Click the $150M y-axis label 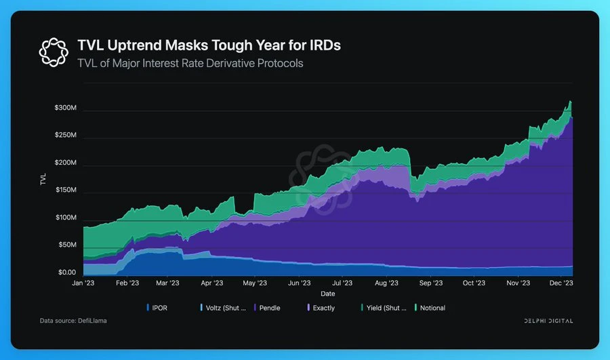click(x=65, y=191)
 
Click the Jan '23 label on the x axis click(x=83, y=283)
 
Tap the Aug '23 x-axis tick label click(x=386, y=283)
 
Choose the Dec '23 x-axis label click(x=561, y=283)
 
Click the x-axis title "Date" click(x=327, y=294)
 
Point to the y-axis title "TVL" click(x=44, y=180)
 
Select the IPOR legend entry click(x=158, y=308)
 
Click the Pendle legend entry click(x=266, y=308)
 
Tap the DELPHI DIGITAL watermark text click(x=549, y=320)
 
